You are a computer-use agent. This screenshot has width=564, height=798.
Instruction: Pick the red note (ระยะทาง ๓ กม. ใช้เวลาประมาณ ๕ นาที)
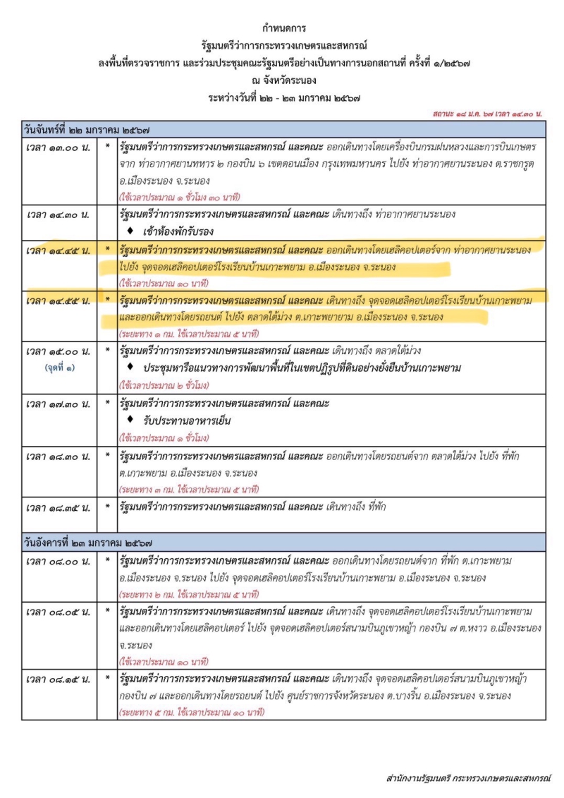190,488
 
